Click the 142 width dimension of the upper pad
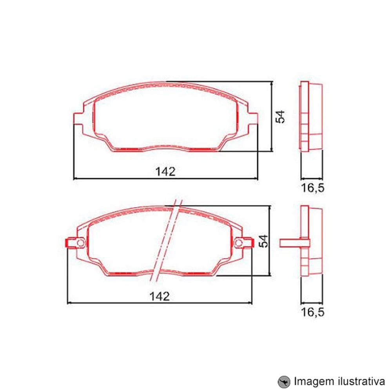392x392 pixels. click(165, 171)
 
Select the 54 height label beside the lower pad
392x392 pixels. click(264, 241)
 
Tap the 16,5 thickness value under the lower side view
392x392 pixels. click(313, 312)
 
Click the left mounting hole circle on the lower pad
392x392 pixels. click(80, 243)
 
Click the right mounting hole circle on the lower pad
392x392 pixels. click(238, 243)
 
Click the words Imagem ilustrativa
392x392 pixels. click(339, 381)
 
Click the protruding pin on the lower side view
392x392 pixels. click(289, 243)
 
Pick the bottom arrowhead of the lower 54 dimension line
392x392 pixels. click(269, 274)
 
